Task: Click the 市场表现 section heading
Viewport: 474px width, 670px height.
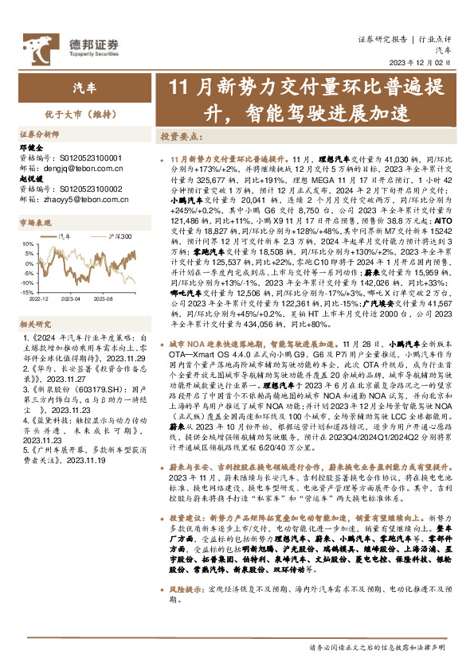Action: click(x=33, y=225)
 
